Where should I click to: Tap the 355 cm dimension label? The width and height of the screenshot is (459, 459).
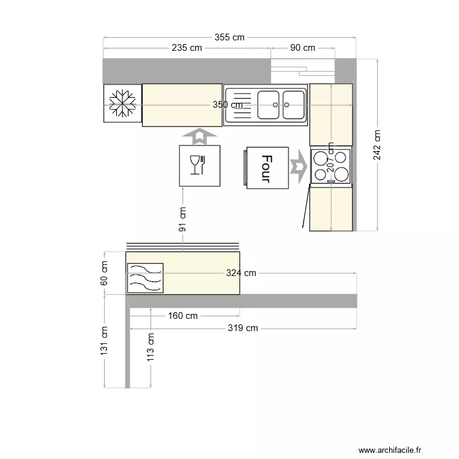click(229, 37)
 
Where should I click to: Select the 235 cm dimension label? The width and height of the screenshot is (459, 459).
click(187, 48)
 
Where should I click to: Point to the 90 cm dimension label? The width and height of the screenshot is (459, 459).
click(302, 48)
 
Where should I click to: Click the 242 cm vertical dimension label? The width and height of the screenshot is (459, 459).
click(377, 145)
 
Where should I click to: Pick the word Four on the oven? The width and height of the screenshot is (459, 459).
click(266, 168)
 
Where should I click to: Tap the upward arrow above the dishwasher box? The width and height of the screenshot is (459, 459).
click(199, 136)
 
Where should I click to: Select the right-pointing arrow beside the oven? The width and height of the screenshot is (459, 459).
click(298, 167)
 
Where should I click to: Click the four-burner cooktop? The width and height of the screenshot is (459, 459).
click(331, 166)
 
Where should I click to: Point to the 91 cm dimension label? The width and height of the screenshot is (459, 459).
click(183, 219)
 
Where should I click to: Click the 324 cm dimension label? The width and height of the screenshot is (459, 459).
click(241, 273)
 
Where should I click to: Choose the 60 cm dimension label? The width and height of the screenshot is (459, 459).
click(104, 273)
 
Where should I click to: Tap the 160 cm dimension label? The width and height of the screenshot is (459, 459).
click(182, 316)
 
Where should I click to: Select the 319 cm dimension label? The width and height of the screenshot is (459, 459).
click(243, 328)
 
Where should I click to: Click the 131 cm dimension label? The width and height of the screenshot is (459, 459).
click(104, 340)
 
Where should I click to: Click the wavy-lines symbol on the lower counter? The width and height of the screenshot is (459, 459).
click(145, 278)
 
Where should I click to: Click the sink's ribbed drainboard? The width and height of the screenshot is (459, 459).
click(240, 105)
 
